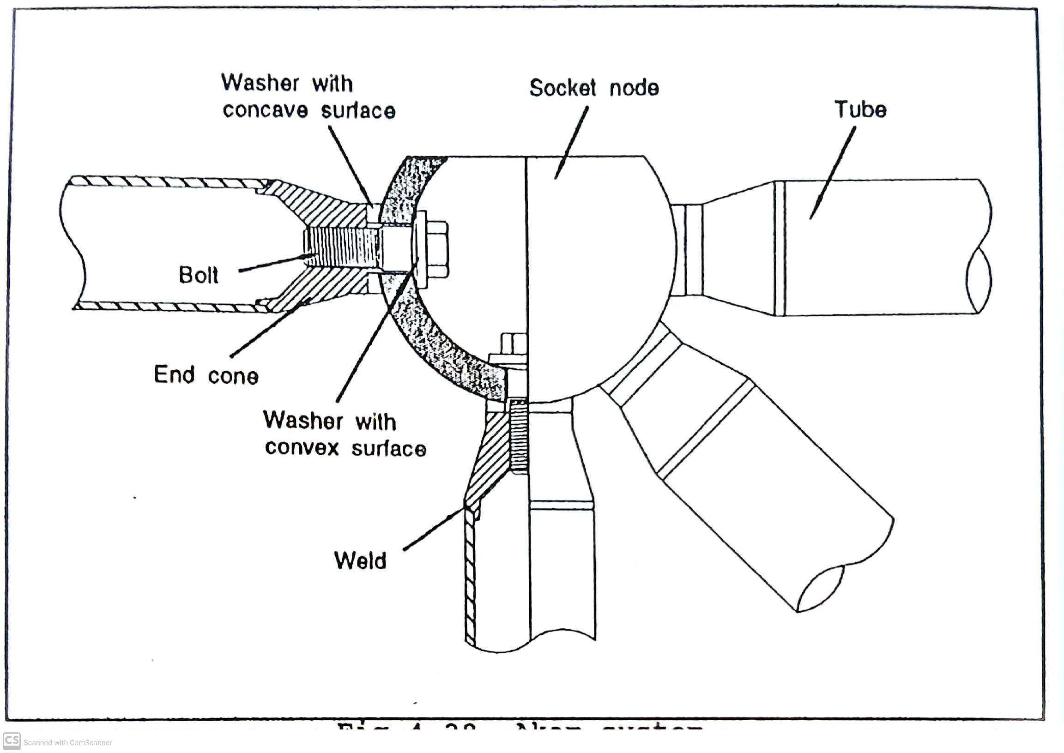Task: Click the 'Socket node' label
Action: [x=594, y=88]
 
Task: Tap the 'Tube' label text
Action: [x=860, y=110]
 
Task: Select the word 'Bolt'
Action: [x=199, y=275]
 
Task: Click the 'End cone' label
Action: [x=206, y=375]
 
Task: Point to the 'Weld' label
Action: [x=360, y=560]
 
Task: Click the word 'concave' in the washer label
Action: [x=265, y=110]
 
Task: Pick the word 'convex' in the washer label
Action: [x=302, y=448]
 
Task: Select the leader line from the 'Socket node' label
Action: [x=572, y=142]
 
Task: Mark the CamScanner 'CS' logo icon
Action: [x=12, y=741]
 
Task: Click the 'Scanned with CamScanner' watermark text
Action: [x=68, y=743]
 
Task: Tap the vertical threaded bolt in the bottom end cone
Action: [x=519, y=436]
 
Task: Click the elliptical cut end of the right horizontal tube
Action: [x=979, y=280]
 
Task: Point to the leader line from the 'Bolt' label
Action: [x=274, y=263]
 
